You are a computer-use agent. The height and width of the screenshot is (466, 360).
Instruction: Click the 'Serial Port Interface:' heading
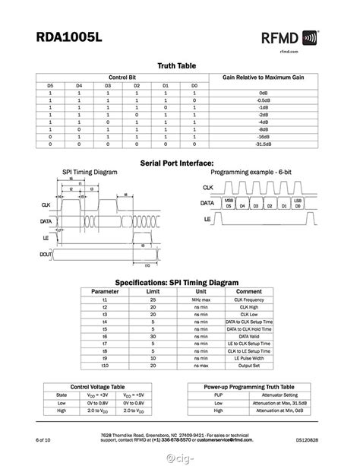click(177, 163)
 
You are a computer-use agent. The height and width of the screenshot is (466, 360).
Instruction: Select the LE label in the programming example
click(206, 219)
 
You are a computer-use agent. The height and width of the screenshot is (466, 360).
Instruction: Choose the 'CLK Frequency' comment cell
click(249, 300)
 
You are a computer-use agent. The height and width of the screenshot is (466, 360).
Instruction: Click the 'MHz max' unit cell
click(201, 300)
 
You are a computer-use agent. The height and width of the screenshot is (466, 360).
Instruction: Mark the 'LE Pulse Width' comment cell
click(249, 358)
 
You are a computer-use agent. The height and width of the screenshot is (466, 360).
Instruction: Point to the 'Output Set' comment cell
click(249, 366)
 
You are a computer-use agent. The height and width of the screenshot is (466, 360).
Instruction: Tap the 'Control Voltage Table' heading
click(91, 386)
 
